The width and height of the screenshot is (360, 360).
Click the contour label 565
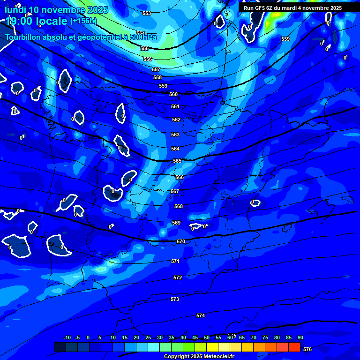(x=177, y=161)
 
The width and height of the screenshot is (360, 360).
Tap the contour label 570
(x=181, y=241)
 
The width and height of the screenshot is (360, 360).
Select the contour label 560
(x=173, y=94)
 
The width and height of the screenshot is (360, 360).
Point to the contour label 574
(x=201, y=315)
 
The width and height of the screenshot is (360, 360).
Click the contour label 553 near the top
(x=147, y=14)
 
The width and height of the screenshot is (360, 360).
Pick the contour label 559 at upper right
(x=285, y=39)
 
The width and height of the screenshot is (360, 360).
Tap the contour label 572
(x=178, y=277)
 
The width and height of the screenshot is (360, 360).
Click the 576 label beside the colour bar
(x=307, y=349)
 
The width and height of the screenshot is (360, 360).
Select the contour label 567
(x=175, y=191)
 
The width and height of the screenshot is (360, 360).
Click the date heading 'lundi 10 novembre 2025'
(x=57, y=10)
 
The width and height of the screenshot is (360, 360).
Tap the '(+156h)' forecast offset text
(x=83, y=21)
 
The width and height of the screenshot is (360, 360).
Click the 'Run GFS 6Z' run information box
(x=292, y=8)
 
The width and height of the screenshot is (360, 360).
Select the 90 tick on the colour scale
(x=300, y=337)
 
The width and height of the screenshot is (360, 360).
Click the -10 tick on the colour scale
(x=67, y=337)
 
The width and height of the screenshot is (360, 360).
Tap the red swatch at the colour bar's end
(x=294, y=347)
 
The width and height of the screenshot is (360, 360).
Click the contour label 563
(x=175, y=135)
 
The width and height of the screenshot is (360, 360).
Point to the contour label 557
(x=156, y=69)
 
